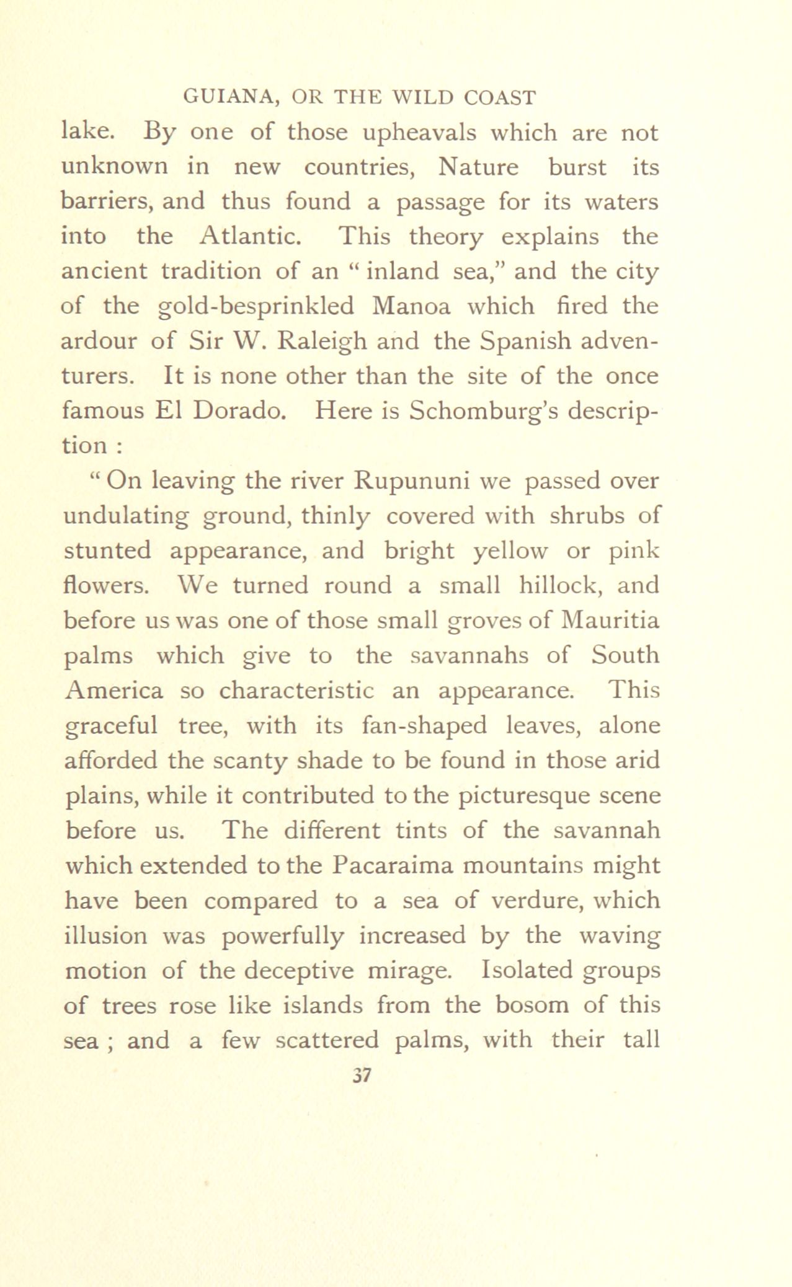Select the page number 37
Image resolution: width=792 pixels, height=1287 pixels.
[361, 1074]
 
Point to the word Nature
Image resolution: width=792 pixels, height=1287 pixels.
[478, 167]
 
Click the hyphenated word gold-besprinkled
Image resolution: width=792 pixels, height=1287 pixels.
[256, 306]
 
